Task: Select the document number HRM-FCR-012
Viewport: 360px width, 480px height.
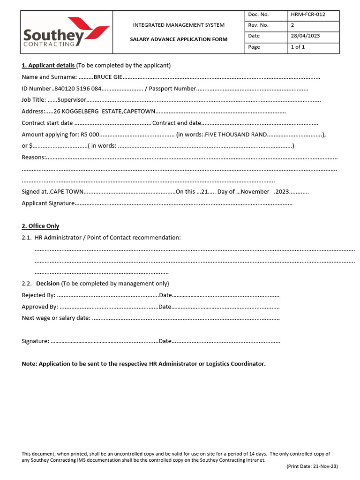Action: pos(308,15)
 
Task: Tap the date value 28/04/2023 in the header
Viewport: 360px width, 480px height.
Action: pos(305,36)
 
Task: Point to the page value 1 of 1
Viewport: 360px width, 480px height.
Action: pos(298,47)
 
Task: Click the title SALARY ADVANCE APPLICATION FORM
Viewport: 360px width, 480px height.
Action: pos(179,39)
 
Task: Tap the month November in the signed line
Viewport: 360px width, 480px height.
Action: pos(256,192)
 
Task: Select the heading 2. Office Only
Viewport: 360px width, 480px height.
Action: pos(40,226)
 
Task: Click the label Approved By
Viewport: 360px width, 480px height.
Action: pos(40,307)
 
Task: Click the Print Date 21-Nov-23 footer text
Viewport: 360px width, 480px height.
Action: pos(312,466)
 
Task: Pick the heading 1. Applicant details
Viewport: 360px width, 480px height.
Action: pos(48,65)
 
